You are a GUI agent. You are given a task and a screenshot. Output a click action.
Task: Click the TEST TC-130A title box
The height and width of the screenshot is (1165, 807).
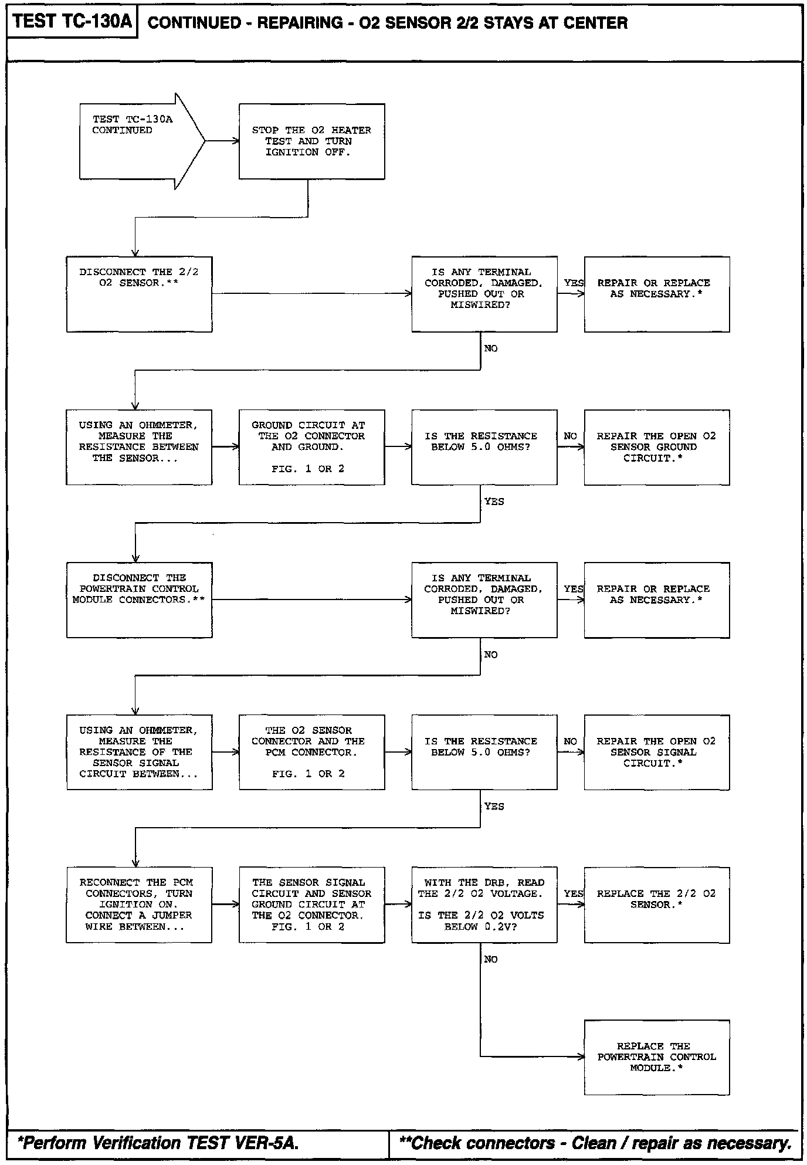tap(72, 22)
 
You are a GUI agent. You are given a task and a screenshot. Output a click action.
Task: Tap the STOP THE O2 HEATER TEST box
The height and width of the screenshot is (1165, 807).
tap(311, 141)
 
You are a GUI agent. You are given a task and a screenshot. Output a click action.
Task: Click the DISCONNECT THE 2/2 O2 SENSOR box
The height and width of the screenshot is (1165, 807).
tap(139, 294)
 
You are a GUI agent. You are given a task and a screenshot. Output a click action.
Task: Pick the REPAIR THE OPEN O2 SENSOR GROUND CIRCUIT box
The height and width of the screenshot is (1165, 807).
tap(656, 447)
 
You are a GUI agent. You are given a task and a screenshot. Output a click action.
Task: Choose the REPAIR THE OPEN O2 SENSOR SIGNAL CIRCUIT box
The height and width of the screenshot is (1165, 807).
tap(656, 752)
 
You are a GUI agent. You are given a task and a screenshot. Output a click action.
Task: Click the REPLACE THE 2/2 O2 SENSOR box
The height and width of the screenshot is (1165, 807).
tap(656, 905)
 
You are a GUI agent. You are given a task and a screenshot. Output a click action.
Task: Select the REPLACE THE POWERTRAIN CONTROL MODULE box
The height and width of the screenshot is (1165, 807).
tap(656, 1057)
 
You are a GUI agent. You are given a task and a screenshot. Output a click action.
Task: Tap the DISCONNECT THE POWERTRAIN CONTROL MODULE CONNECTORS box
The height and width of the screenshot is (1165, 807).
tap(139, 600)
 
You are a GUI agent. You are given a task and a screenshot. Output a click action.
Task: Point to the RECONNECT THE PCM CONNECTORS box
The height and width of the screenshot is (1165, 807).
tap(139, 905)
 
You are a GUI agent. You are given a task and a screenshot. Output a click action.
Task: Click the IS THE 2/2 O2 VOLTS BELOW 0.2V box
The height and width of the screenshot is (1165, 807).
tap(484, 905)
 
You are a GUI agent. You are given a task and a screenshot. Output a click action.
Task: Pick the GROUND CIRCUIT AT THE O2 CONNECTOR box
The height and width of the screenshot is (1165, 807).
tap(311, 447)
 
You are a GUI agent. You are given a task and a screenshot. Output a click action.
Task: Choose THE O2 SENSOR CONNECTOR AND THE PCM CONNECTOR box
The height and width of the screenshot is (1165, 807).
tap(311, 752)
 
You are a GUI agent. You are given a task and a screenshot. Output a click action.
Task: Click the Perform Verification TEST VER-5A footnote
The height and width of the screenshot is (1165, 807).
tap(158, 1143)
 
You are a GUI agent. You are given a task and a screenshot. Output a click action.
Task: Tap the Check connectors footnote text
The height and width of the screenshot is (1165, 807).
tap(595, 1143)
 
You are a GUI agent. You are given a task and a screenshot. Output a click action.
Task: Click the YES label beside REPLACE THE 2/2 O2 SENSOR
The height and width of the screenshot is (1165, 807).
tap(573, 893)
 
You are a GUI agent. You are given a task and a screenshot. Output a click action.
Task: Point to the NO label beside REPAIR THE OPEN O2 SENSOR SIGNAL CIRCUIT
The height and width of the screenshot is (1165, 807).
tap(570, 741)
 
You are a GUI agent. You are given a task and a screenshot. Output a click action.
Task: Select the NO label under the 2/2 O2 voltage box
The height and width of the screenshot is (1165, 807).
tap(491, 959)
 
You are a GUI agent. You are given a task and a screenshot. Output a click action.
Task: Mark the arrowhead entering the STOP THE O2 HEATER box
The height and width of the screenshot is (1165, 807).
tap(236, 141)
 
